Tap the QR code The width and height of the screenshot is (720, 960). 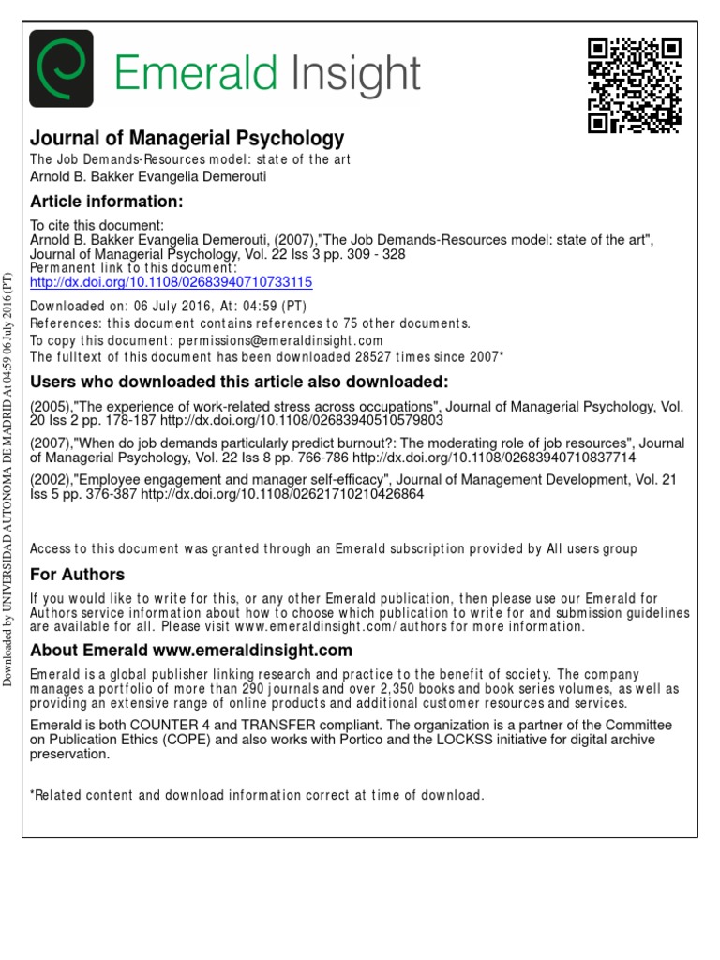pos(634,85)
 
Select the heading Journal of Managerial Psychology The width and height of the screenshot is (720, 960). pos(187,139)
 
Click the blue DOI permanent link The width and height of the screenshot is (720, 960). pos(172,281)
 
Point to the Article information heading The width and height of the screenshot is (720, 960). pos(105,202)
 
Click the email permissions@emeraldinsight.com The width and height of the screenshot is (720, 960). pos(301,340)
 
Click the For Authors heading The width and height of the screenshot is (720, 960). pos(78,575)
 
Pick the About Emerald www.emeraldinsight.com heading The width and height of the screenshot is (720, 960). pos(191,651)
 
